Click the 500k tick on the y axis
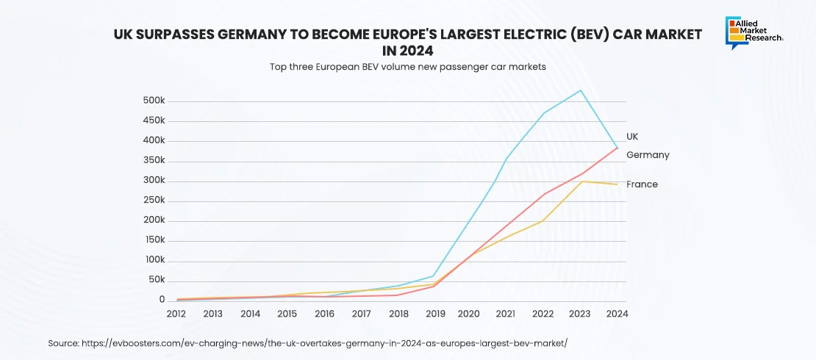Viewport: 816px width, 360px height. [154, 101]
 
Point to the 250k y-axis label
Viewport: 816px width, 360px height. [154, 201]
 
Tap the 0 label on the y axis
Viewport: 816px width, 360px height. [162, 300]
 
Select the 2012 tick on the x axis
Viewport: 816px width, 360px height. [176, 314]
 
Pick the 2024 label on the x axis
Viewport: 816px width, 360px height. [617, 314]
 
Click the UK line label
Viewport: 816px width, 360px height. [632, 137]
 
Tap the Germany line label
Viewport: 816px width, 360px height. [648, 155]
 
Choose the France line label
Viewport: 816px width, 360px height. [642, 184]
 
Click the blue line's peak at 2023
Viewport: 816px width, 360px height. [581, 90]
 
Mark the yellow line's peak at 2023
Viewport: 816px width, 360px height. [581, 181]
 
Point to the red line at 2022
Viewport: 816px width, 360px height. [543, 194]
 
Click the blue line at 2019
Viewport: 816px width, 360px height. [434, 276]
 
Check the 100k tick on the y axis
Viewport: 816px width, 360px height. [154, 261]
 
